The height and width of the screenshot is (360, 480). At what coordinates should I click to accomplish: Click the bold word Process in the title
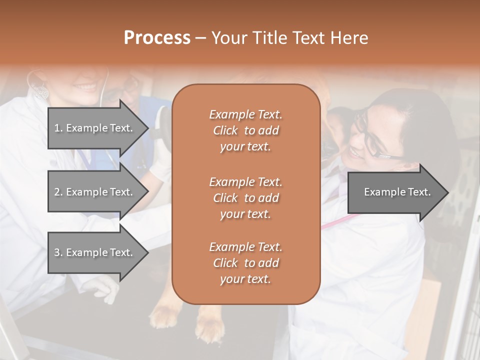point(157,38)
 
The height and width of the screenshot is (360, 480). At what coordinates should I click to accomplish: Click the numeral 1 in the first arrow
point(57,128)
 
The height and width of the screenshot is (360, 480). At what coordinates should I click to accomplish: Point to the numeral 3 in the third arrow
point(57,252)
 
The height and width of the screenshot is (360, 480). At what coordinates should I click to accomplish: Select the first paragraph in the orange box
point(245,130)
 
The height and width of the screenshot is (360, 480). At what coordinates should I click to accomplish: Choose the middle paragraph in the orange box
point(245,197)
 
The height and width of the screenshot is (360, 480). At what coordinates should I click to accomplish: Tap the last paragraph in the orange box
point(245,263)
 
